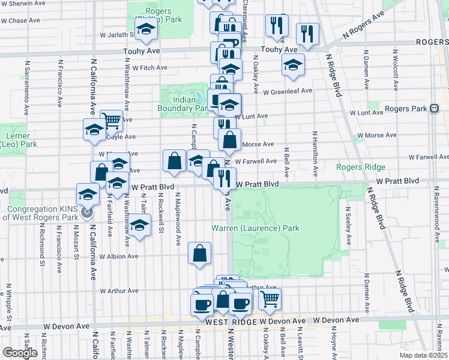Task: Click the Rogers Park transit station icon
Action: tap(433, 109)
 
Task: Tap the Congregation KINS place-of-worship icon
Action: tap(88, 213)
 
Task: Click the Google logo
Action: tap(20, 352)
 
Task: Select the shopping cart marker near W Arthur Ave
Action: tap(270, 298)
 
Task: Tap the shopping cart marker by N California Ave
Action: tap(111, 121)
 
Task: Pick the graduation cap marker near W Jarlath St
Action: tap(145, 29)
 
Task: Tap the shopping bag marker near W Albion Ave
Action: tap(200, 253)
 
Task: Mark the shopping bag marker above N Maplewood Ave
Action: tap(174, 161)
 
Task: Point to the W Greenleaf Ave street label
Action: tap(291, 91)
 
